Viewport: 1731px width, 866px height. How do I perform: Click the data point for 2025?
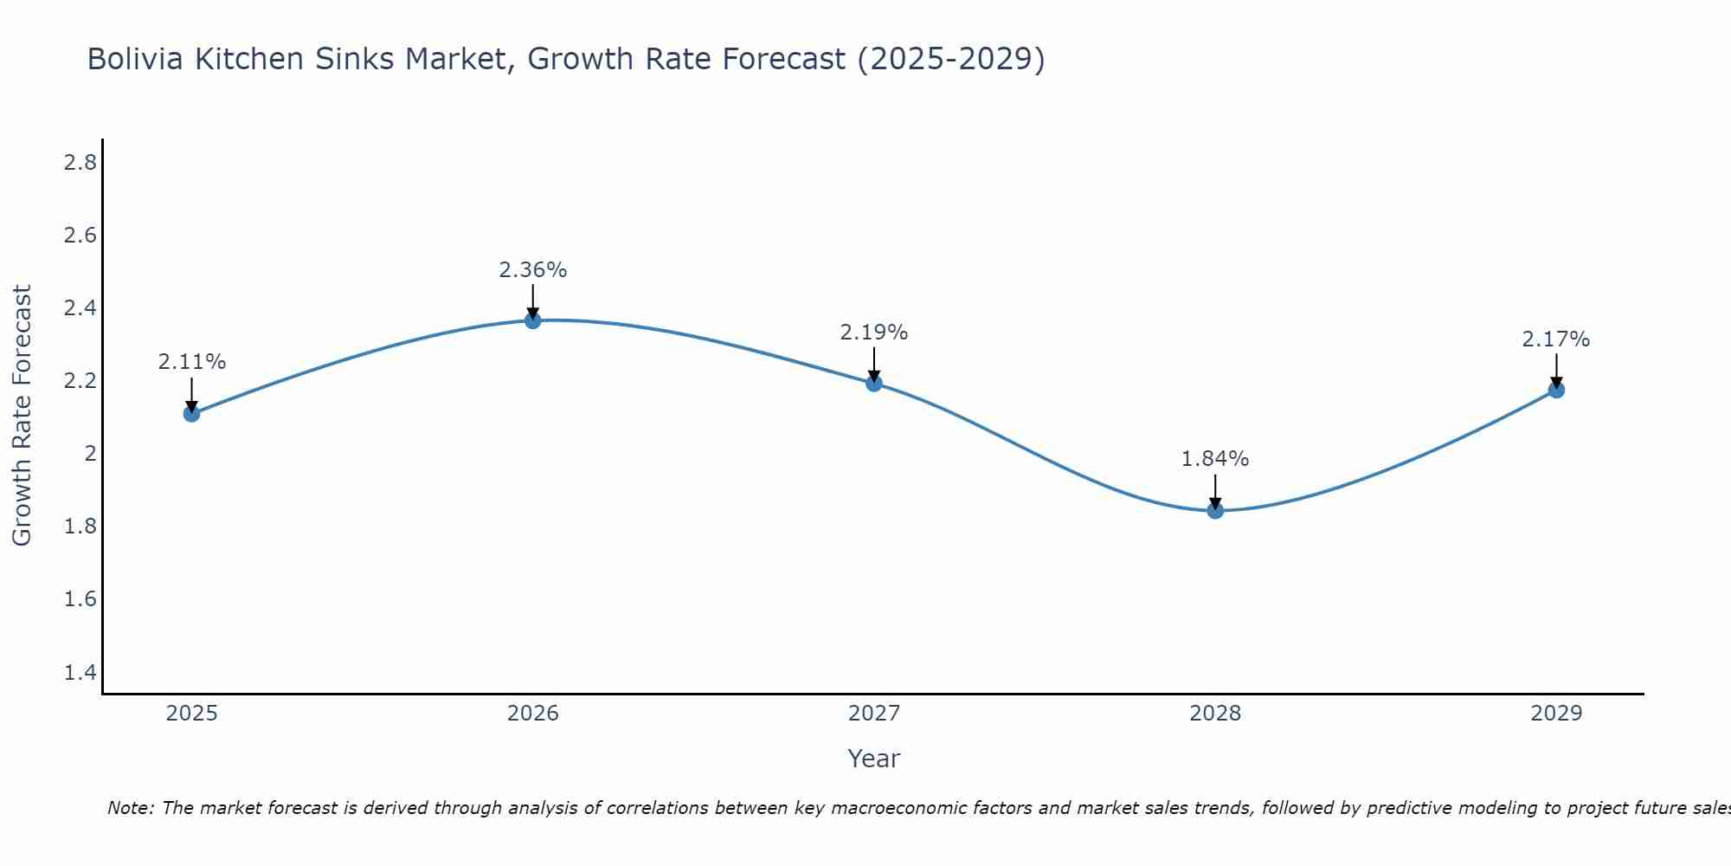coord(191,414)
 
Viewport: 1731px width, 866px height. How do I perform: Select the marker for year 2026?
coord(533,320)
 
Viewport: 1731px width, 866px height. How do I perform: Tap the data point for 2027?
coord(874,383)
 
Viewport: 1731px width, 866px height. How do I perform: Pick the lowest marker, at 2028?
coord(1215,511)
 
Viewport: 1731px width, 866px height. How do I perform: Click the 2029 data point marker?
coord(1556,390)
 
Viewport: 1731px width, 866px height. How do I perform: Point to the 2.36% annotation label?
coord(533,270)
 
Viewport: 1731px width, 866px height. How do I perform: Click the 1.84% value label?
coord(1215,459)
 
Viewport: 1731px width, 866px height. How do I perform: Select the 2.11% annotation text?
coord(191,362)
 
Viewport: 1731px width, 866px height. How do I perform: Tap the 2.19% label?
coord(874,333)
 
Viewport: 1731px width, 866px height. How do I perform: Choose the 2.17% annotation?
coord(1556,339)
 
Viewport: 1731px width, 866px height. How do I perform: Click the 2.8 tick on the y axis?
coord(80,162)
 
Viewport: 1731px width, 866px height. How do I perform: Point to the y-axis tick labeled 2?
coord(90,454)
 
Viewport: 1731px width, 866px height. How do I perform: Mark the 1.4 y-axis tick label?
coord(80,673)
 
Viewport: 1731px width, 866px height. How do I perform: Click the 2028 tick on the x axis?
coord(1215,714)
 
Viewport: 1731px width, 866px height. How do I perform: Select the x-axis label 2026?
coord(533,714)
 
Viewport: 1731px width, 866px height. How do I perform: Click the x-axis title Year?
coord(874,759)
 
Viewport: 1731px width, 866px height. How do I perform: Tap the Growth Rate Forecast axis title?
coord(22,416)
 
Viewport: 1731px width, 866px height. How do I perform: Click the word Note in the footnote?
coord(130,808)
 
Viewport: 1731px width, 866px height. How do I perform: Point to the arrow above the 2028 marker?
coord(1215,491)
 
